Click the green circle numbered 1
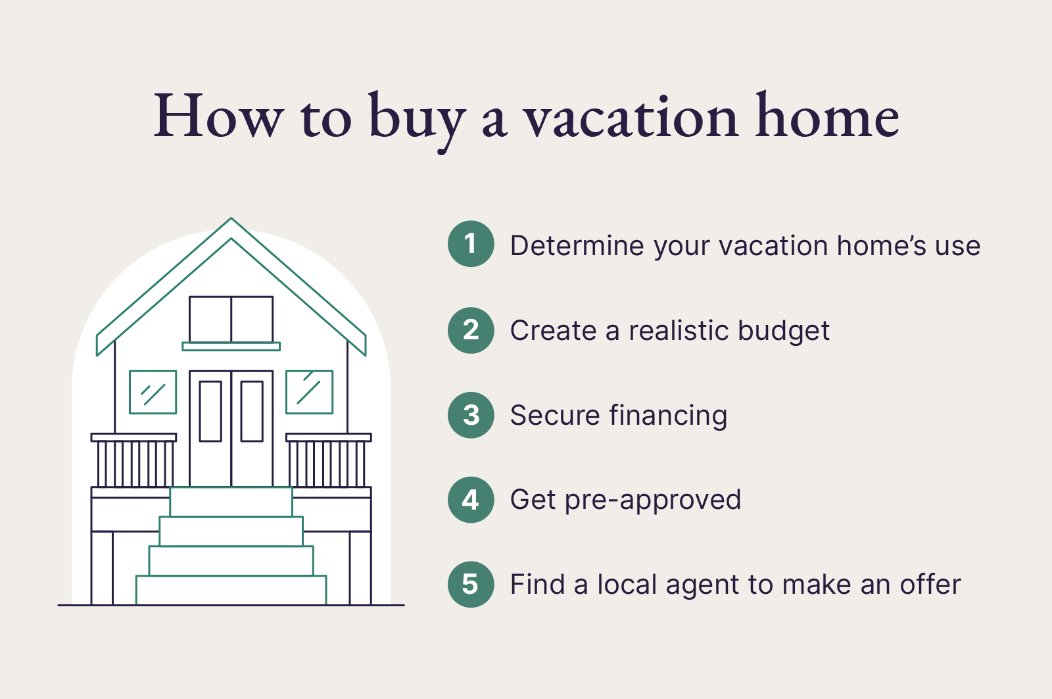pos(471,244)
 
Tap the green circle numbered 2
pos(471,330)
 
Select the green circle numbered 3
pos(471,415)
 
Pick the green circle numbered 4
pos(471,500)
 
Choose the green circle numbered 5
pos(471,584)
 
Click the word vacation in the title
pos(631,118)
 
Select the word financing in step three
pos(668,416)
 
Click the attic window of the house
pos(231,319)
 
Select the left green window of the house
pos(153,393)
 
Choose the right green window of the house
pos(309,393)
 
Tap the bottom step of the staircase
pos(231,590)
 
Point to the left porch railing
pos(134,460)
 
